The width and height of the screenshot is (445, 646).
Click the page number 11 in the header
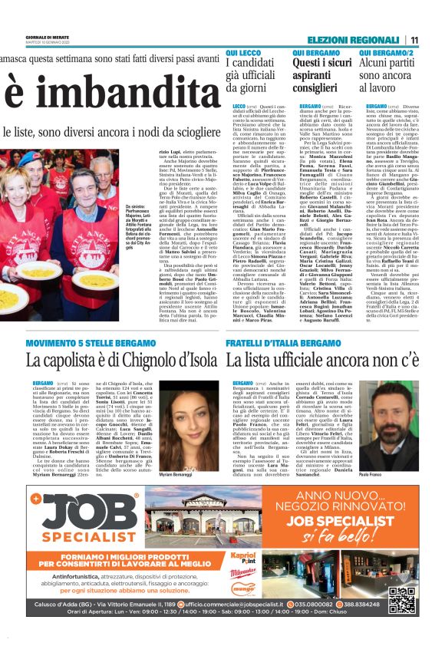tap(414, 40)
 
